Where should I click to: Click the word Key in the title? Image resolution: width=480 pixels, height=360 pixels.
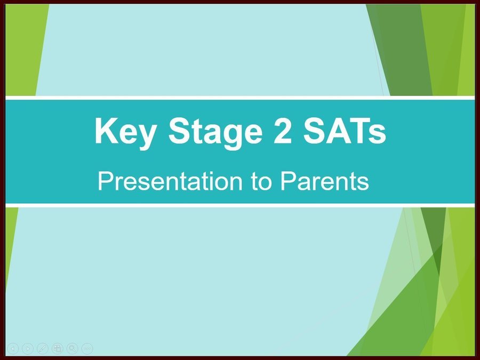click(125, 132)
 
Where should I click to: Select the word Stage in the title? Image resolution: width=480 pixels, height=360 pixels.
click(215, 132)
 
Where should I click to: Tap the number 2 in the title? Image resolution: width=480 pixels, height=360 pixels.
click(283, 131)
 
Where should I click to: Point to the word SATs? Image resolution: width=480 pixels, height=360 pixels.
click(345, 131)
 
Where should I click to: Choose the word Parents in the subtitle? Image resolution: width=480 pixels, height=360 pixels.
click(324, 181)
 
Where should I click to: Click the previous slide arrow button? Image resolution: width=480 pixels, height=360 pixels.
click(13, 348)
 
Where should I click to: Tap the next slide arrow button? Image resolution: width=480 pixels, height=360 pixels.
click(28, 348)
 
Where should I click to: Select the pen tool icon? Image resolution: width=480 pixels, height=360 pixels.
click(43, 348)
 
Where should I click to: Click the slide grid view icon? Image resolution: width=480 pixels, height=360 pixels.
click(57, 348)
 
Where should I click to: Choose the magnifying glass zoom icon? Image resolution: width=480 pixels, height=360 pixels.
click(72, 348)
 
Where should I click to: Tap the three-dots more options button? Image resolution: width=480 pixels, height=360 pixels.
click(87, 348)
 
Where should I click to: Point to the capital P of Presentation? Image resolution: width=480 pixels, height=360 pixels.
click(106, 181)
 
